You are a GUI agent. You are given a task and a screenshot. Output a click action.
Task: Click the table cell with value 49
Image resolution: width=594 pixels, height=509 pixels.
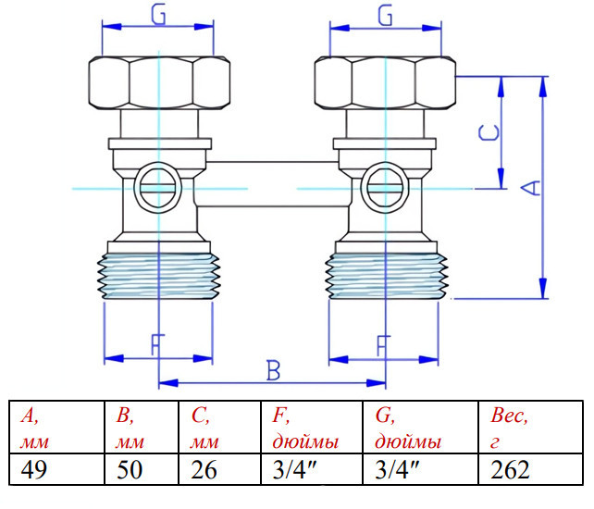click(x=56, y=469)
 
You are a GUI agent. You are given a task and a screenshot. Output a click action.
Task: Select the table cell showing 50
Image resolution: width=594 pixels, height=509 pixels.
click(x=142, y=469)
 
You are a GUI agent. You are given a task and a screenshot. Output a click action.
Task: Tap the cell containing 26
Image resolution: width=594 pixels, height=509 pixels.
click(x=219, y=469)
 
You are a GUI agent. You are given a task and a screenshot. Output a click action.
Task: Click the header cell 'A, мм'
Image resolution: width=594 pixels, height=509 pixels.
click(x=56, y=427)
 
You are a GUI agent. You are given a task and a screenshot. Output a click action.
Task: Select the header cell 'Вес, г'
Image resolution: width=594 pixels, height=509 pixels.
click(x=531, y=427)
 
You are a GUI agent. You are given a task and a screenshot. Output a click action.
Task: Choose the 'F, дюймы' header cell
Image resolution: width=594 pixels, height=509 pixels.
click(x=312, y=427)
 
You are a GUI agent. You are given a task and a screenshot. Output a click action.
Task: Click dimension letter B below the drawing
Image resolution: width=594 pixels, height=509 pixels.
click(x=273, y=370)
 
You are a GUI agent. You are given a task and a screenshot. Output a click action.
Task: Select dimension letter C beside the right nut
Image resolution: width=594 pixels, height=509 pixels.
click(x=489, y=133)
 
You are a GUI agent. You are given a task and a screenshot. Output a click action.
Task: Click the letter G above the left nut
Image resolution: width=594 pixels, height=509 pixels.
click(x=158, y=15)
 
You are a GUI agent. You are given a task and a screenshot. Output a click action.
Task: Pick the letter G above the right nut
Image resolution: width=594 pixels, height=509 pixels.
click(x=385, y=16)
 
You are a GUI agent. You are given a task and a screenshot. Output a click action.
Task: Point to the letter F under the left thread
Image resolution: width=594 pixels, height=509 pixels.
click(x=157, y=344)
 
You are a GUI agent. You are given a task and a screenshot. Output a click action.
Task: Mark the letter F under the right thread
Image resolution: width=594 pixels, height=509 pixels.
click(x=383, y=345)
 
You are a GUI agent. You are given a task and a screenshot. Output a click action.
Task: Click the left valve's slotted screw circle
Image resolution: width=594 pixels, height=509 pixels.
click(x=157, y=187)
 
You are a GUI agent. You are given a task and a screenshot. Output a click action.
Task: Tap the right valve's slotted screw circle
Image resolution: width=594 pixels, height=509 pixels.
click(x=385, y=187)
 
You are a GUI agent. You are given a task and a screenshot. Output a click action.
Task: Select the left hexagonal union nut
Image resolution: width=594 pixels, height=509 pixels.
click(x=159, y=83)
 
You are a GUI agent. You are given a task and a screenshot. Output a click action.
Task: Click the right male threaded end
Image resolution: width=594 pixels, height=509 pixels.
click(x=387, y=276)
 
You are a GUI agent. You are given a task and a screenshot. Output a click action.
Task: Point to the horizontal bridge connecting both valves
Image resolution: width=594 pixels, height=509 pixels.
click(x=273, y=184)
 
